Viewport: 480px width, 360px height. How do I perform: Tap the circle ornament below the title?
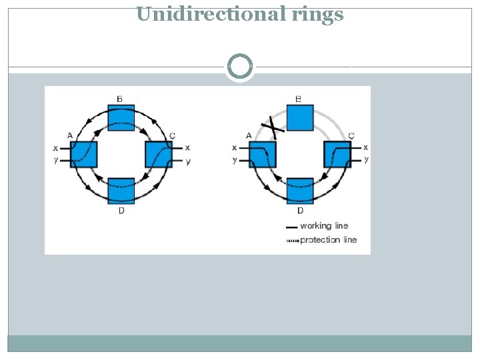coord(240,67)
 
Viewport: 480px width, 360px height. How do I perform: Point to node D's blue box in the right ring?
coord(300,191)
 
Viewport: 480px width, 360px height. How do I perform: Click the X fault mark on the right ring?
coord(273,125)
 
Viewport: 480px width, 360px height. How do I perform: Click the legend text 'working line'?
coord(324,226)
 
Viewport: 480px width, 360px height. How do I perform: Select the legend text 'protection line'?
coord(328,239)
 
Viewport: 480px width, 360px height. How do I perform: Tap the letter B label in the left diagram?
coord(119,99)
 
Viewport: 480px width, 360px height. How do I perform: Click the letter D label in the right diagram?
coord(300,211)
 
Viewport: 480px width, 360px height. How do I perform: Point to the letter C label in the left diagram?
coord(173,135)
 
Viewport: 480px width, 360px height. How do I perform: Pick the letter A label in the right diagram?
coord(249,135)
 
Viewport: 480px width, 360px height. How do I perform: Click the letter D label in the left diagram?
coord(121,211)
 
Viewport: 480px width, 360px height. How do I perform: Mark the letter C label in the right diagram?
coord(351,135)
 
